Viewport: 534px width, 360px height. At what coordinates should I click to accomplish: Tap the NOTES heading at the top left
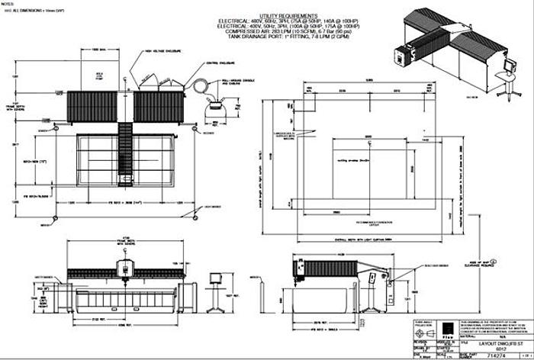click(x=8, y=5)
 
